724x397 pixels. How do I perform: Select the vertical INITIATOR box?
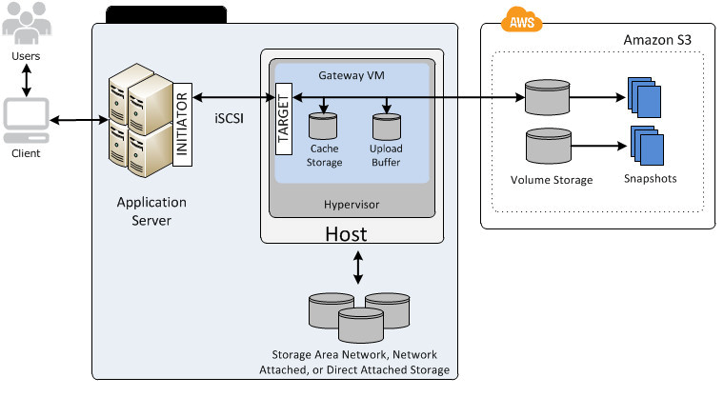[185, 123]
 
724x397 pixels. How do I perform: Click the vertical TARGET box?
[283, 119]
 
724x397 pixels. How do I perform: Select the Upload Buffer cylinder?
[385, 128]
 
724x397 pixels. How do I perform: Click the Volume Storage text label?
[552, 179]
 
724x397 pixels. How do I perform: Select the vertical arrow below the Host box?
[358, 268]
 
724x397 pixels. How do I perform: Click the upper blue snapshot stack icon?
[643, 95]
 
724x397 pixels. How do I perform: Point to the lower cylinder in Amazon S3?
[548, 147]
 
